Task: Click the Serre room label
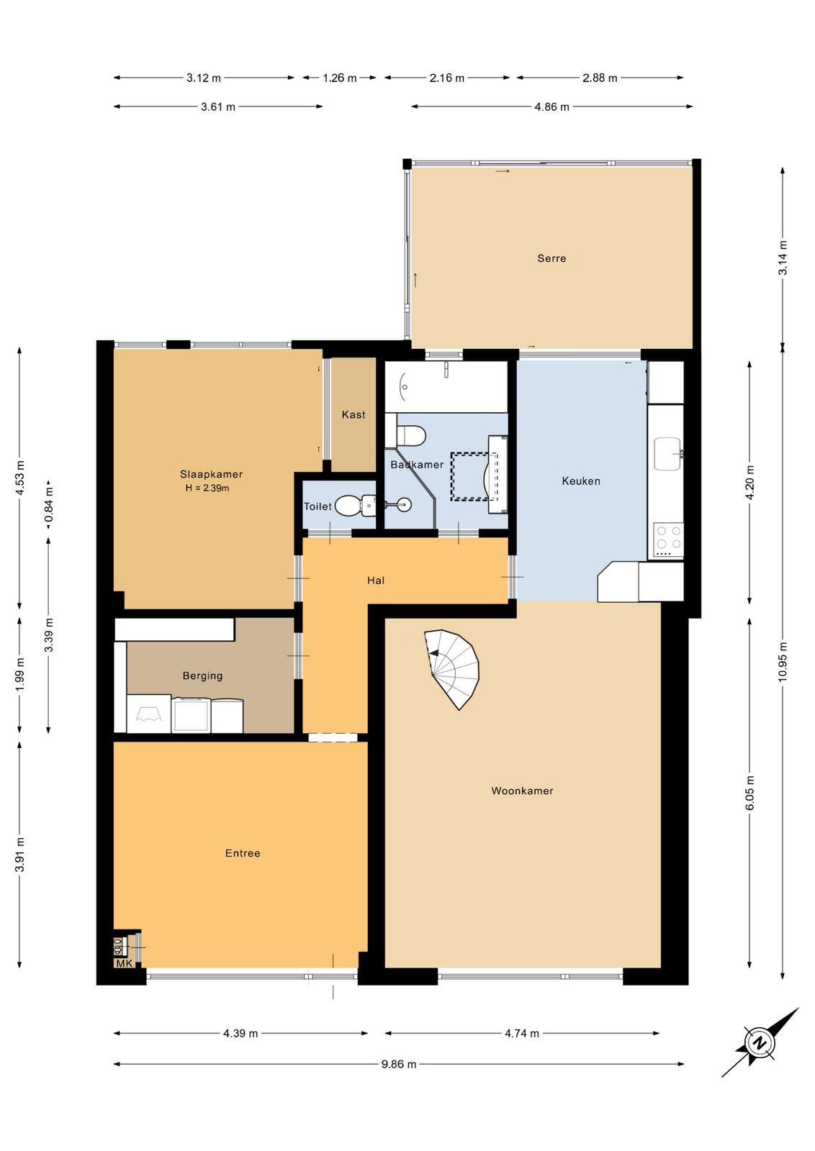[x=551, y=258]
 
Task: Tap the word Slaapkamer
[x=211, y=474]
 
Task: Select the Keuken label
[x=580, y=481]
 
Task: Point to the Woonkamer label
[x=522, y=791]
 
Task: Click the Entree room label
[x=242, y=853]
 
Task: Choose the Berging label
[x=202, y=676]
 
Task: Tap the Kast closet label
[x=354, y=414]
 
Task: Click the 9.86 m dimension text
[x=399, y=1064]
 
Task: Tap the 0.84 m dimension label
[x=49, y=507]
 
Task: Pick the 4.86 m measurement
[x=551, y=107]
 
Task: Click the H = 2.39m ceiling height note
[x=207, y=488]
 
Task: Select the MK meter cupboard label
[x=124, y=963]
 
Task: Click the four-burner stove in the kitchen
[x=668, y=540]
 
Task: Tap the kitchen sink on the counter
[x=668, y=454]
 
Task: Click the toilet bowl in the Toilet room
[x=348, y=506]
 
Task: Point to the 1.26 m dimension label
[x=339, y=78]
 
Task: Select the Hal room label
[x=375, y=581]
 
